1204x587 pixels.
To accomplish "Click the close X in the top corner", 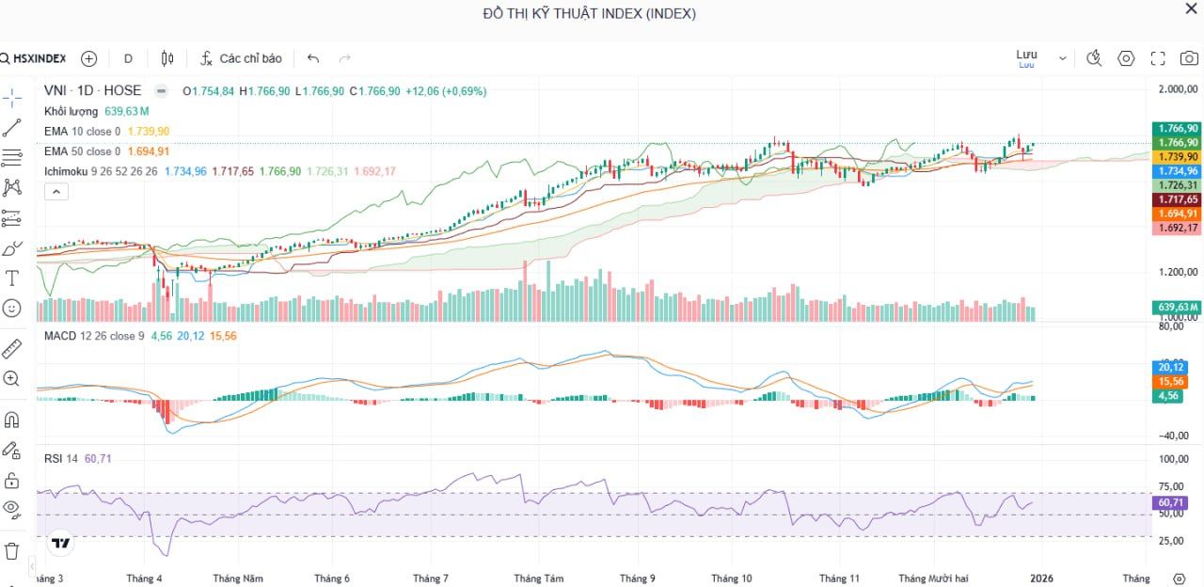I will (1191, 8).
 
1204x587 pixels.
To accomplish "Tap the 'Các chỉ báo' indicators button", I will (241, 58).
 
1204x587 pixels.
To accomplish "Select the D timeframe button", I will (128, 58).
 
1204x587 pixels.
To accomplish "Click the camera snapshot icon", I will (1189, 58).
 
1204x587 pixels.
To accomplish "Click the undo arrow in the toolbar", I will (313, 58).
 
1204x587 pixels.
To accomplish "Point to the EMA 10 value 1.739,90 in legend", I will (149, 131).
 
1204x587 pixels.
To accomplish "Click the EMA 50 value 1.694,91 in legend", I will (149, 151).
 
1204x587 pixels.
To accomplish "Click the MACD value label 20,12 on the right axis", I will (1171, 367).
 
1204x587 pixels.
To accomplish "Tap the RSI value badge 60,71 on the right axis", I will (1171, 502).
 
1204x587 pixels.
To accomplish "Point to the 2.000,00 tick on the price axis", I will (1177, 89).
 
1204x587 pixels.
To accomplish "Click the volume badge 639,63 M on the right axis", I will (1178, 308).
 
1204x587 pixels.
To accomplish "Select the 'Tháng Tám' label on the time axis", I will (539, 579).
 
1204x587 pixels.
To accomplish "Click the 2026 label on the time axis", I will (1039, 579).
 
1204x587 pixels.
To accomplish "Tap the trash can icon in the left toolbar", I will (12, 550).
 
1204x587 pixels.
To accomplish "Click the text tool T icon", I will (12, 278).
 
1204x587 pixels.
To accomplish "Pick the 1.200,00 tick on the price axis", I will (1177, 272).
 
